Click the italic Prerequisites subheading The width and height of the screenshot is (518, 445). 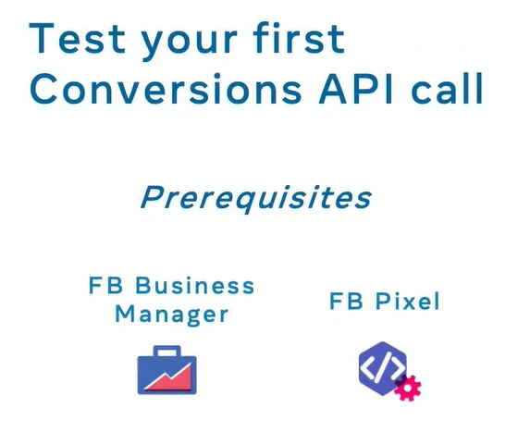(256, 197)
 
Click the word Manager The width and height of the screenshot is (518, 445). (171, 314)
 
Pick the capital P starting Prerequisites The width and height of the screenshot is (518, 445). (150, 197)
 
